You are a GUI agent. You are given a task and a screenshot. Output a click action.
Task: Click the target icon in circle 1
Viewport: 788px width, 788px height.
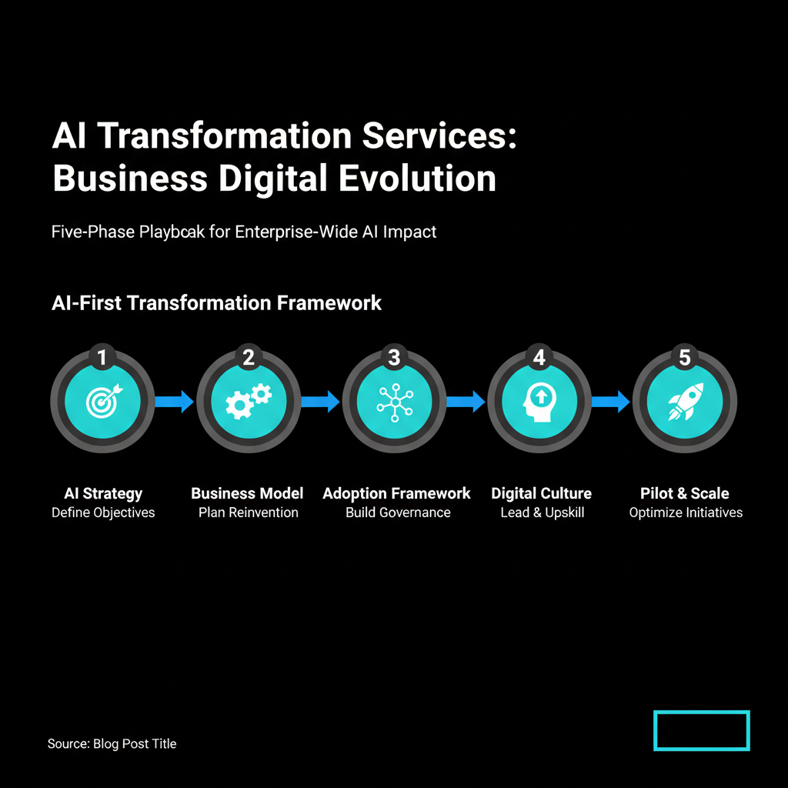point(104,401)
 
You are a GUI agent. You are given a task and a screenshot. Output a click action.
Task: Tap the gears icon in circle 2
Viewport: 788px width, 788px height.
point(249,401)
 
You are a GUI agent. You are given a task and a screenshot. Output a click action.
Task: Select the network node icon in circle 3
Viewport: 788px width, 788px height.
point(395,402)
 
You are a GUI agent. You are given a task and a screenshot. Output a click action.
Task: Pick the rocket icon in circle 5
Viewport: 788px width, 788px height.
point(686,401)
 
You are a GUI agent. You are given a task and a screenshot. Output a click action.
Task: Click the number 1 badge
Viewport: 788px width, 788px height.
point(102,357)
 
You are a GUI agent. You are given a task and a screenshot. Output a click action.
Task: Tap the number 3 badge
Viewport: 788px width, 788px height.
point(395,357)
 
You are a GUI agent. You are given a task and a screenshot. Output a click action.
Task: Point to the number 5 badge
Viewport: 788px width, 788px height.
point(684,357)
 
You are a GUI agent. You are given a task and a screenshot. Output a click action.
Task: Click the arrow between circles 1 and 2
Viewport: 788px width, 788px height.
point(175,402)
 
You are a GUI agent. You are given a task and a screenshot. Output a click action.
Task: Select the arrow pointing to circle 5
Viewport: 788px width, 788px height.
point(610,402)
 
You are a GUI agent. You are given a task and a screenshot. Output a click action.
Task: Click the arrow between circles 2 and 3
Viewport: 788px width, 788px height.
point(321,402)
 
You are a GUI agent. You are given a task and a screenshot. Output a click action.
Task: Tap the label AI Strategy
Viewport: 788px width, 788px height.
point(103,493)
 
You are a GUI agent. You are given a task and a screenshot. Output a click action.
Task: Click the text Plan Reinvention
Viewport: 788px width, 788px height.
point(249,513)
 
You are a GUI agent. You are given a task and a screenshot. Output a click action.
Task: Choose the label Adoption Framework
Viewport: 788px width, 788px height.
point(396,493)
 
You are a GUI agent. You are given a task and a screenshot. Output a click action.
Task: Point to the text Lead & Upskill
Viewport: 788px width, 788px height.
point(543,513)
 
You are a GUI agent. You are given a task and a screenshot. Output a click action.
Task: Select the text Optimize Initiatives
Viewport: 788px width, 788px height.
point(686,513)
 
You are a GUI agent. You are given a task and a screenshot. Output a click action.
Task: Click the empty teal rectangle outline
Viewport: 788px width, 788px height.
point(702,712)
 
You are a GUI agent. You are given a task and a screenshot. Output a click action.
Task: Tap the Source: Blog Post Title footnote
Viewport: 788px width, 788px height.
point(112,744)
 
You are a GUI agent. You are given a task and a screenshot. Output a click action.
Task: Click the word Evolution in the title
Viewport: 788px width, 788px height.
point(418,179)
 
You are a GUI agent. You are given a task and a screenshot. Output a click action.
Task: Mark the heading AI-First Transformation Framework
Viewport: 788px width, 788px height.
point(216,303)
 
